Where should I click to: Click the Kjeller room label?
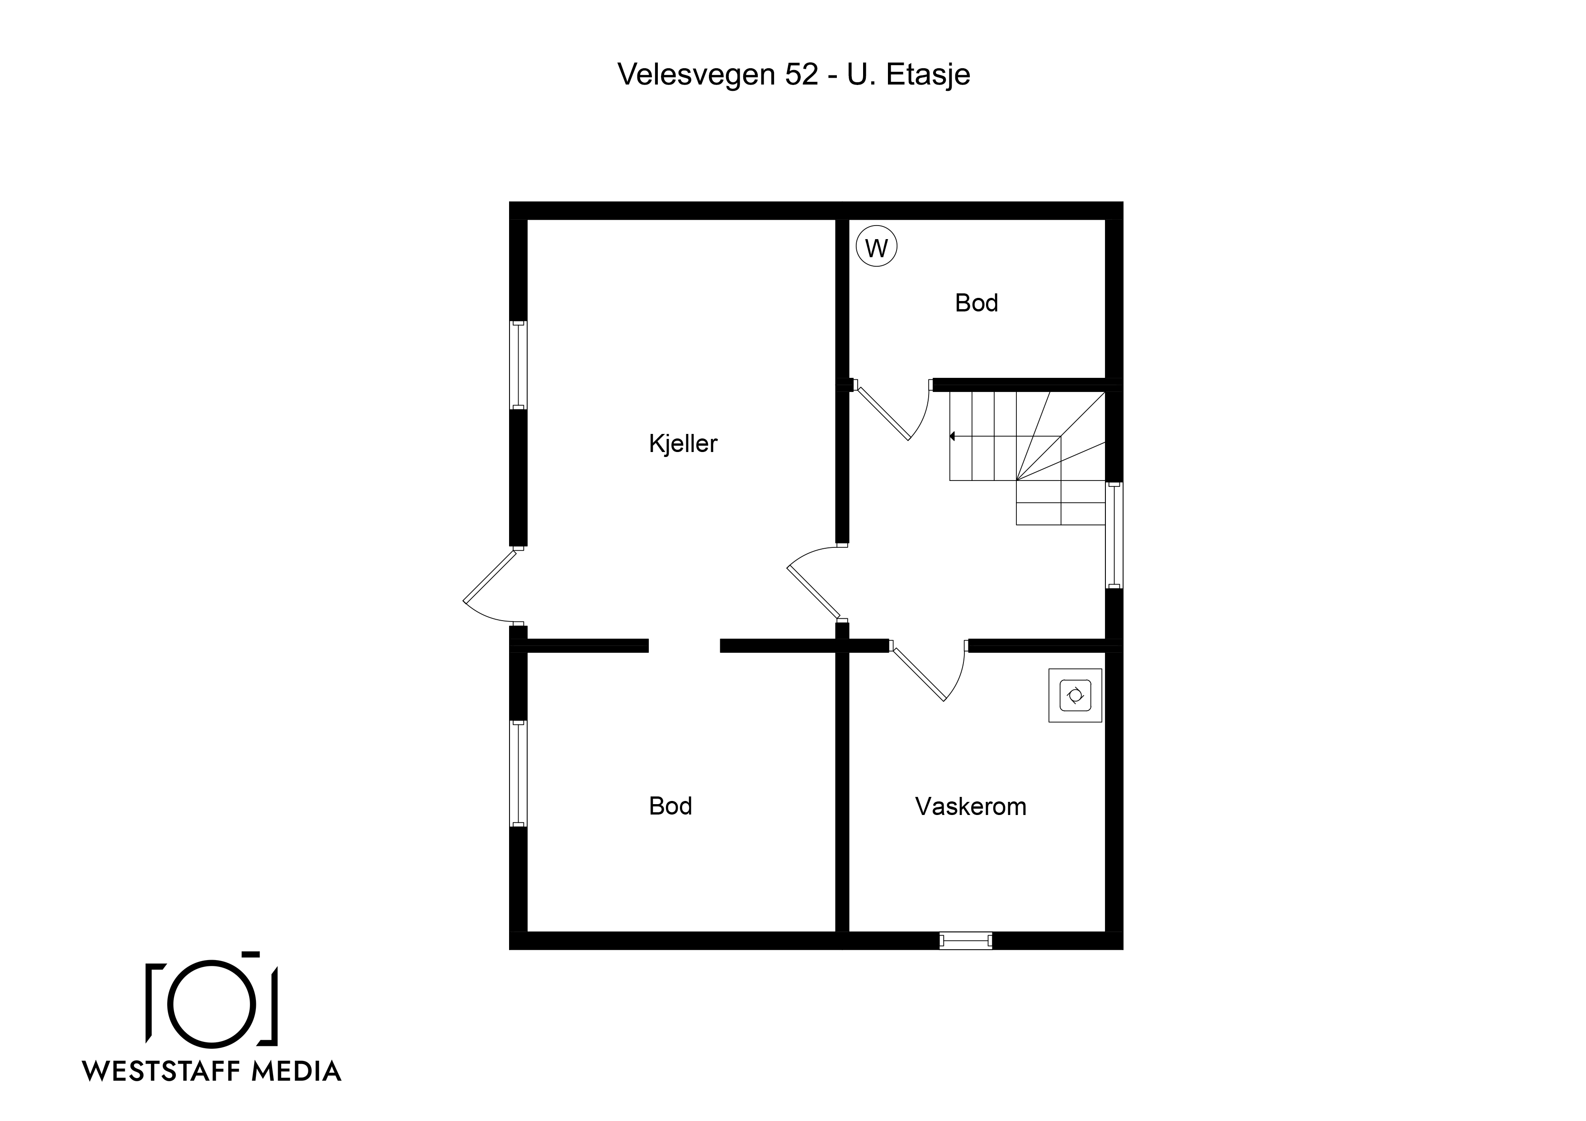683,443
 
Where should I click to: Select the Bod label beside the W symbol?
976,302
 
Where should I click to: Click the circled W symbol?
877,247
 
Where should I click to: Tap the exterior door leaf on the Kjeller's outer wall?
490,577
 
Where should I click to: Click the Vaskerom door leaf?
919,675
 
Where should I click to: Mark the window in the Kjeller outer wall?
518,365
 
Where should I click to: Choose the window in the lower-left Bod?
518,773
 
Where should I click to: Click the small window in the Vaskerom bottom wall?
966,940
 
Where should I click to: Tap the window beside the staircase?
1114,535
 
